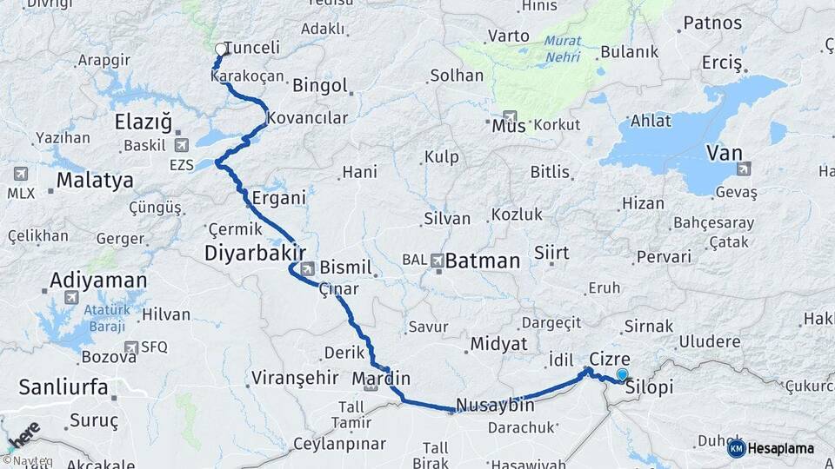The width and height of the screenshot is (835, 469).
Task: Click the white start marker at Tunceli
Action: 219,50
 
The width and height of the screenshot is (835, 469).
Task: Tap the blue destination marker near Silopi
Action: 622,375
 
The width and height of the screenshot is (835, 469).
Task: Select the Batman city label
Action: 484,261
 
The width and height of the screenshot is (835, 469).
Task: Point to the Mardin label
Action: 381,379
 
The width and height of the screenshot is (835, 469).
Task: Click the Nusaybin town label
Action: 495,406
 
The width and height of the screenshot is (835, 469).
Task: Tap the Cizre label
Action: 609,359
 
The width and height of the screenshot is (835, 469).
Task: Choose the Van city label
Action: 725,154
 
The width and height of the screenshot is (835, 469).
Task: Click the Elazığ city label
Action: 144,122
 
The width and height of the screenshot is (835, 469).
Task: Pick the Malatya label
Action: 95,181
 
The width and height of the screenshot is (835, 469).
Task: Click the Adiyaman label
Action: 98,281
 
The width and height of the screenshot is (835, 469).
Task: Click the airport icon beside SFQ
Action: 130,347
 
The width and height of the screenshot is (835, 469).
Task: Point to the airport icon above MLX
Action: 20,174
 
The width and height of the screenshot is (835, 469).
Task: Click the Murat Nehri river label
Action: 563,50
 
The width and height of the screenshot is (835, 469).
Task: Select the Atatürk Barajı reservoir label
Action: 106,318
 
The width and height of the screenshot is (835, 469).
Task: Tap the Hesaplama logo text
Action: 780,449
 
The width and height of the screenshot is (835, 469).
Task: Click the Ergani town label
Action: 278,198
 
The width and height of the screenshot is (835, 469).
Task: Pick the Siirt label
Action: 551,253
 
